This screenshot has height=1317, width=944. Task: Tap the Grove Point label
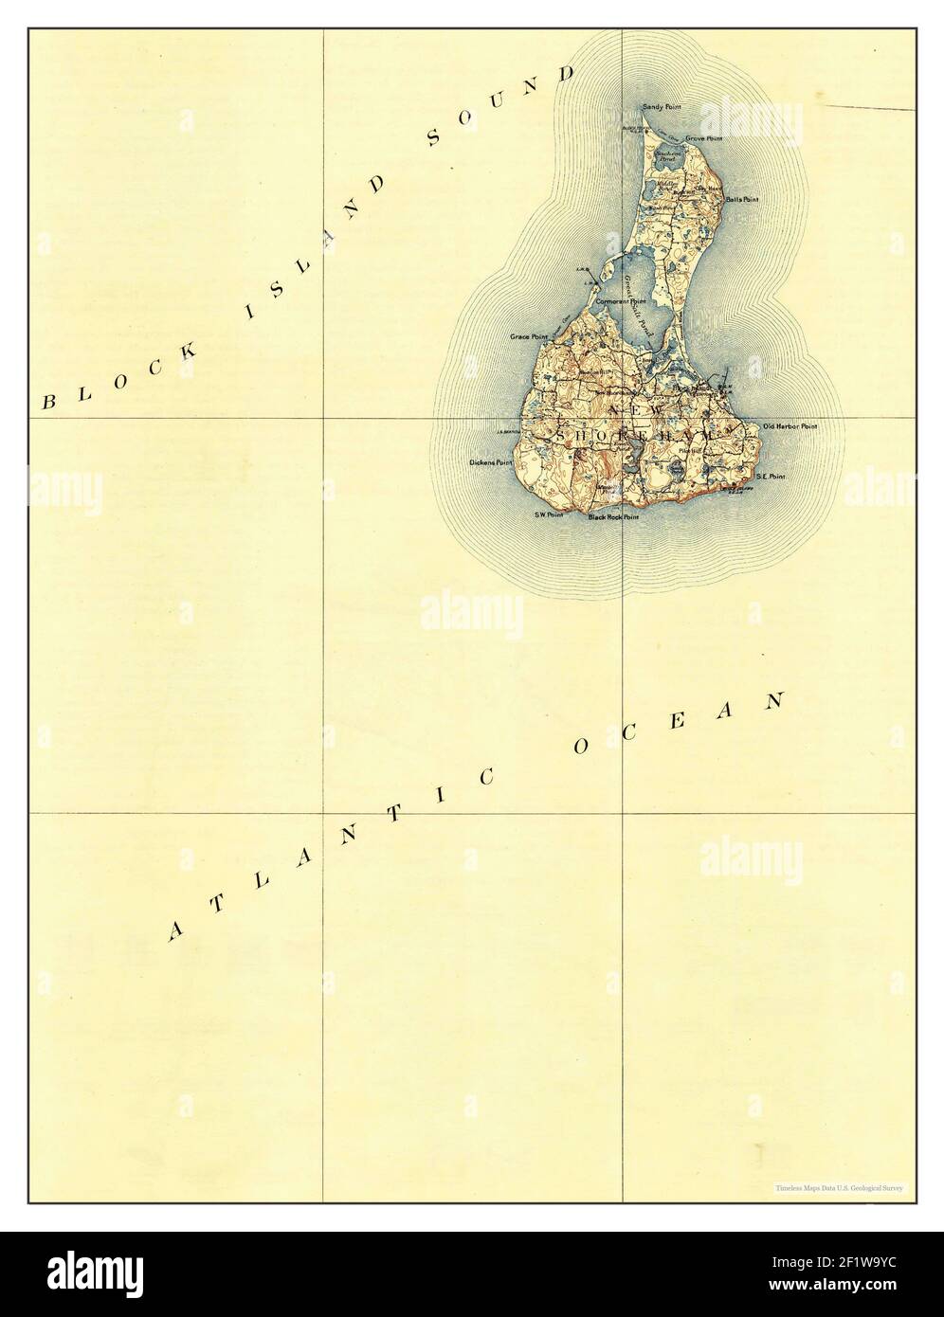point(703,138)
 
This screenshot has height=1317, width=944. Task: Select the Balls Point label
point(741,200)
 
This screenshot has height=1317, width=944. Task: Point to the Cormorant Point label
point(626,301)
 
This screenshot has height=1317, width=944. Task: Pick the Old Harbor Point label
point(790,427)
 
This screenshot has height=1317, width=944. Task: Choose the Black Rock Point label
point(613,518)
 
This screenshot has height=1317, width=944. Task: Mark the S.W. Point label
point(549,514)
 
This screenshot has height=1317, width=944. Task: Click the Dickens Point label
point(490,463)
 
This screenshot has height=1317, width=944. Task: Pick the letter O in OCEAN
point(580,748)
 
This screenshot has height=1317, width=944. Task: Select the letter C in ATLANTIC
point(484,778)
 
